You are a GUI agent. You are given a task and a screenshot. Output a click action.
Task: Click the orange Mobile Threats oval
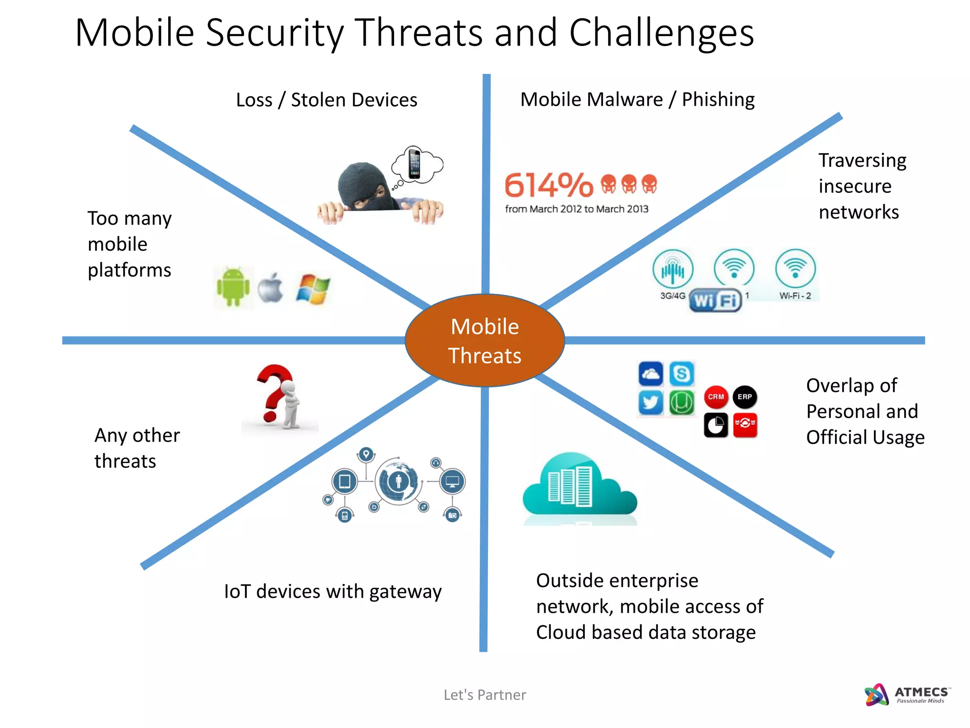tap(485, 341)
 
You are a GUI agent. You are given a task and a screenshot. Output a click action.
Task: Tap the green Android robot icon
tap(233, 287)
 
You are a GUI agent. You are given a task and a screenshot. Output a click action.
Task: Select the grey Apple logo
tap(271, 288)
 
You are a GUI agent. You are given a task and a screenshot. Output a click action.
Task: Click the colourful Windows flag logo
tap(313, 288)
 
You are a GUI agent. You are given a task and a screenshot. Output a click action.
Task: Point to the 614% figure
tap(548, 185)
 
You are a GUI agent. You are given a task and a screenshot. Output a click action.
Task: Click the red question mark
tap(273, 391)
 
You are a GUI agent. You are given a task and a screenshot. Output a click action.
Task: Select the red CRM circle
tap(716, 397)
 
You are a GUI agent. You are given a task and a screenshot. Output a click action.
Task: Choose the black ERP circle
tap(745, 397)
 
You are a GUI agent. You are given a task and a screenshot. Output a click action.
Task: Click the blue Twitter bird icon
tap(650, 403)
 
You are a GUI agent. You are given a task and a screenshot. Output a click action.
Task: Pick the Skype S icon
tap(682, 373)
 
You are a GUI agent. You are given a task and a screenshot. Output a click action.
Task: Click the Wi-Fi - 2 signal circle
tap(795, 269)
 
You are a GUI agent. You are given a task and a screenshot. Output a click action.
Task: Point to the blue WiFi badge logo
tap(715, 300)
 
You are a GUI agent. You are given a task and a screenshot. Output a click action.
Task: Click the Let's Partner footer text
tap(485, 695)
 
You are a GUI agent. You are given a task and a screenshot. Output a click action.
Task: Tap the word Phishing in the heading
tap(718, 100)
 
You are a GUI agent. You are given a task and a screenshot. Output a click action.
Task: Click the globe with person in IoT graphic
tap(398, 481)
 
